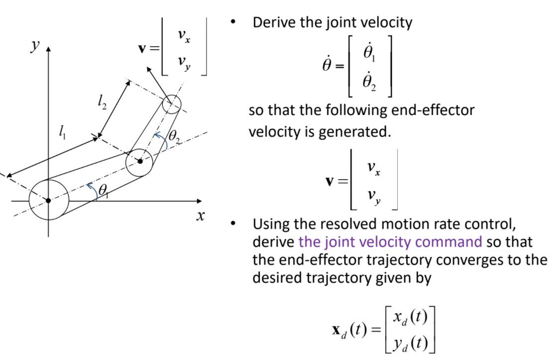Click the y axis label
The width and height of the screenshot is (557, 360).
pos(35,46)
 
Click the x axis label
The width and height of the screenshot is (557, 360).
pos(200,216)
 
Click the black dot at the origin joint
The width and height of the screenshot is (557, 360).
pos(48,201)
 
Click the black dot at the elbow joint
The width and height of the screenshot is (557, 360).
pos(140,161)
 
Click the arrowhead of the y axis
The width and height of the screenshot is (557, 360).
pos(48,50)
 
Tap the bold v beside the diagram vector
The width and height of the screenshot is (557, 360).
pos(143,49)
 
